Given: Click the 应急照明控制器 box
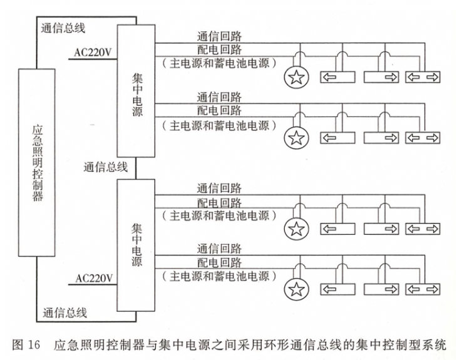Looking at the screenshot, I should click(41, 163).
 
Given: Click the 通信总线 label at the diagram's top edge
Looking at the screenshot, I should click(63, 28).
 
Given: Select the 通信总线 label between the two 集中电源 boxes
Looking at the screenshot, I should click(106, 167).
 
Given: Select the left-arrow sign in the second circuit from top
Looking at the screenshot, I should click(338, 138).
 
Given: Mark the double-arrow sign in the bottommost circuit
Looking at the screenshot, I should click(422, 289).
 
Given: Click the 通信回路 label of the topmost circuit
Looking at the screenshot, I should click(219, 37).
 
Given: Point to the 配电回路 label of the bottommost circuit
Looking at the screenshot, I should click(219, 262).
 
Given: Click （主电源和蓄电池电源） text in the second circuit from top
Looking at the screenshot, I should click(219, 125).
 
